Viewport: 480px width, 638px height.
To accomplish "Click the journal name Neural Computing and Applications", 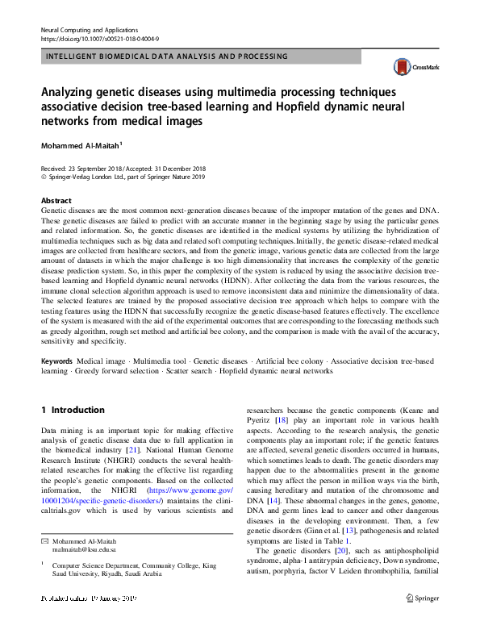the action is (x=89, y=29).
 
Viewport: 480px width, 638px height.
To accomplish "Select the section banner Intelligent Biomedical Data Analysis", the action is (x=167, y=56).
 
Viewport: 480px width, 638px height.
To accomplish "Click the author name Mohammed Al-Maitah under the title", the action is (x=80, y=146).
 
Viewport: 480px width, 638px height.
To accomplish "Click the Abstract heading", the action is (x=56, y=200).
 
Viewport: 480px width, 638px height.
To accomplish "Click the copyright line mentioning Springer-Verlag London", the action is (x=123, y=176).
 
